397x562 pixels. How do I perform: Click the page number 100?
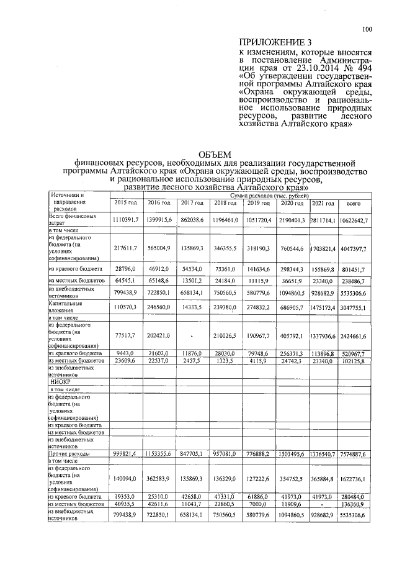pos(367,29)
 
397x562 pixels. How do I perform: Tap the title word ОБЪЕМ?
pos(213,154)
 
